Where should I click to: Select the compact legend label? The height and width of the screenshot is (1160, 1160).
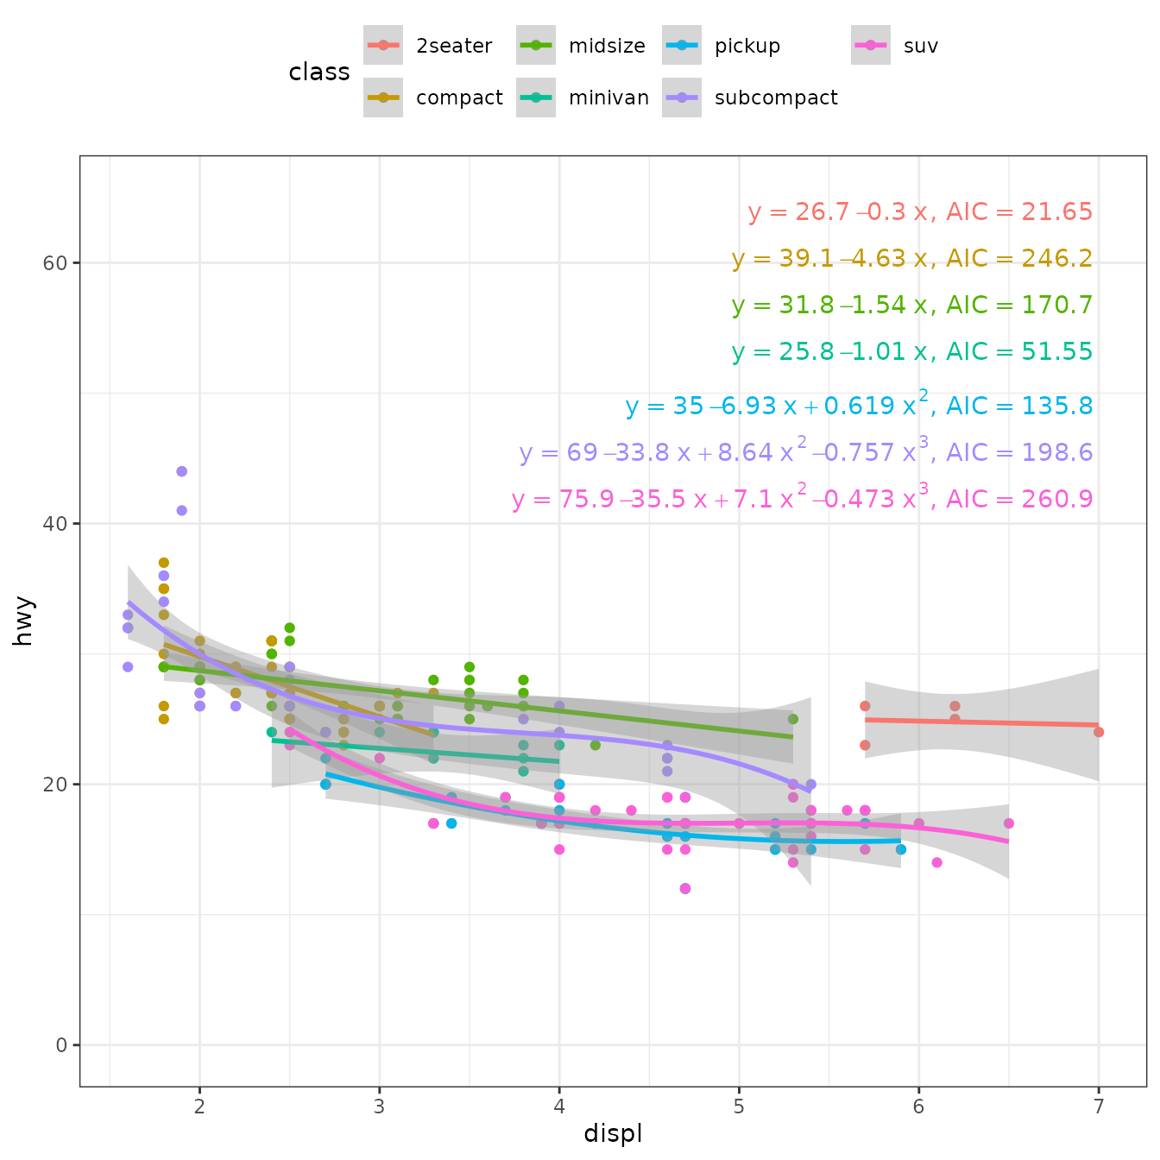pyautogui.click(x=458, y=98)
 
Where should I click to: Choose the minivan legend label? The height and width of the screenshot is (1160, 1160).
pyautogui.click(x=608, y=98)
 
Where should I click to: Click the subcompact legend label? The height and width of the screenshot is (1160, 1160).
pyautogui.click(x=775, y=98)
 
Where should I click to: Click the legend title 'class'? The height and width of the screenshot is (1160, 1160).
pyautogui.click(x=319, y=72)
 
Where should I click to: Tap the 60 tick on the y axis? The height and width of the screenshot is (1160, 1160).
pyautogui.click(x=54, y=263)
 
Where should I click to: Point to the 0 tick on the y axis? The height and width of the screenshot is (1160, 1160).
pyautogui.click(x=61, y=1045)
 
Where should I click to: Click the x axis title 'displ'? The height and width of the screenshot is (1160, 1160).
pyautogui.click(x=613, y=1133)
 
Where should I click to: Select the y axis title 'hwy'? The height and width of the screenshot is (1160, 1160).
pyautogui.click(x=23, y=621)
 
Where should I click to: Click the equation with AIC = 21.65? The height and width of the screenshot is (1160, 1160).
pyautogui.click(x=920, y=212)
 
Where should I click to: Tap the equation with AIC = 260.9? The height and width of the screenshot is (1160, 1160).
pyautogui.click(x=802, y=499)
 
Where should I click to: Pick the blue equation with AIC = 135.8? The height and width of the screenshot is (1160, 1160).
pyautogui.click(x=859, y=406)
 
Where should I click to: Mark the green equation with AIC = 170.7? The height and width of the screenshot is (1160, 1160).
pyautogui.click(x=912, y=306)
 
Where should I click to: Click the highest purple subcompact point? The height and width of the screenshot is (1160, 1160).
pyautogui.click(x=181, y=471)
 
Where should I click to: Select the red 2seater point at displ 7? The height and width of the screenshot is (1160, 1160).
pyautogui.click(x=1099, y=732)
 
